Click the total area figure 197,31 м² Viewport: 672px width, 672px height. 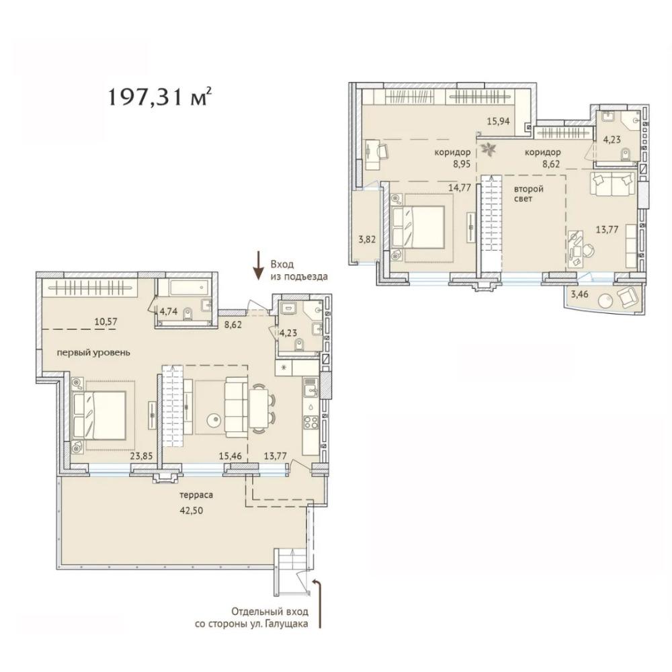tap(159, 97)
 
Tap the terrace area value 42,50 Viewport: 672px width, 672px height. tap(192, 511)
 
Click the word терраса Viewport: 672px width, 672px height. tap(196, 495)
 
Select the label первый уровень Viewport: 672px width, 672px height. tap(93, 353)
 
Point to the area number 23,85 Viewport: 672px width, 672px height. tap(141, 456)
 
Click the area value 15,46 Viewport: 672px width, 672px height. tap(230, 456)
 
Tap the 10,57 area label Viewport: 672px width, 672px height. tap(106, 321)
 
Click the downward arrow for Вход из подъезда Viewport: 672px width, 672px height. tap(258, 265)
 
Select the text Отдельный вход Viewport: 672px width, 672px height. tap(270, 611)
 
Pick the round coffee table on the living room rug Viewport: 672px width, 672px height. tap(214, 421)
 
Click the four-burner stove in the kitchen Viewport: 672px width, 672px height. tap(310, 423)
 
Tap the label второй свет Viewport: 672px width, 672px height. tap(529, 194)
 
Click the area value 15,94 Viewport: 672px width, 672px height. tap(499, 121)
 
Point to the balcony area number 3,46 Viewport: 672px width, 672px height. tap(579, 295)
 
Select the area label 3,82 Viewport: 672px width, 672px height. tap(367, 240)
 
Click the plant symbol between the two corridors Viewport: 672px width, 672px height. tap(488, 150)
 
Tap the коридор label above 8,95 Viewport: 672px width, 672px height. tap(452, 152)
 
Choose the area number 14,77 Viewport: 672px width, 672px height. tap(460, 187)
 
